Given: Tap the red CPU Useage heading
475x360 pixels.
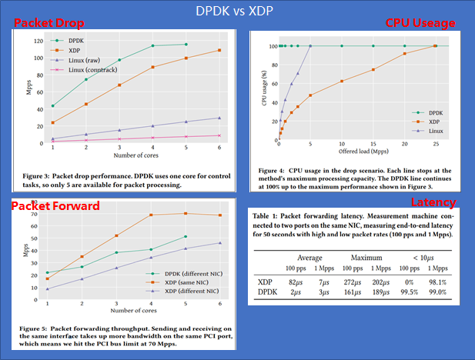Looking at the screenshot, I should (420, 24).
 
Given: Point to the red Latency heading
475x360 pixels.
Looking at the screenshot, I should (433, 202).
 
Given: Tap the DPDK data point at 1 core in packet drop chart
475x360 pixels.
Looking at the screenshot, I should (53, 106).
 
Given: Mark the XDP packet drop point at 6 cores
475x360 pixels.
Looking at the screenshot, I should (220, 51).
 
